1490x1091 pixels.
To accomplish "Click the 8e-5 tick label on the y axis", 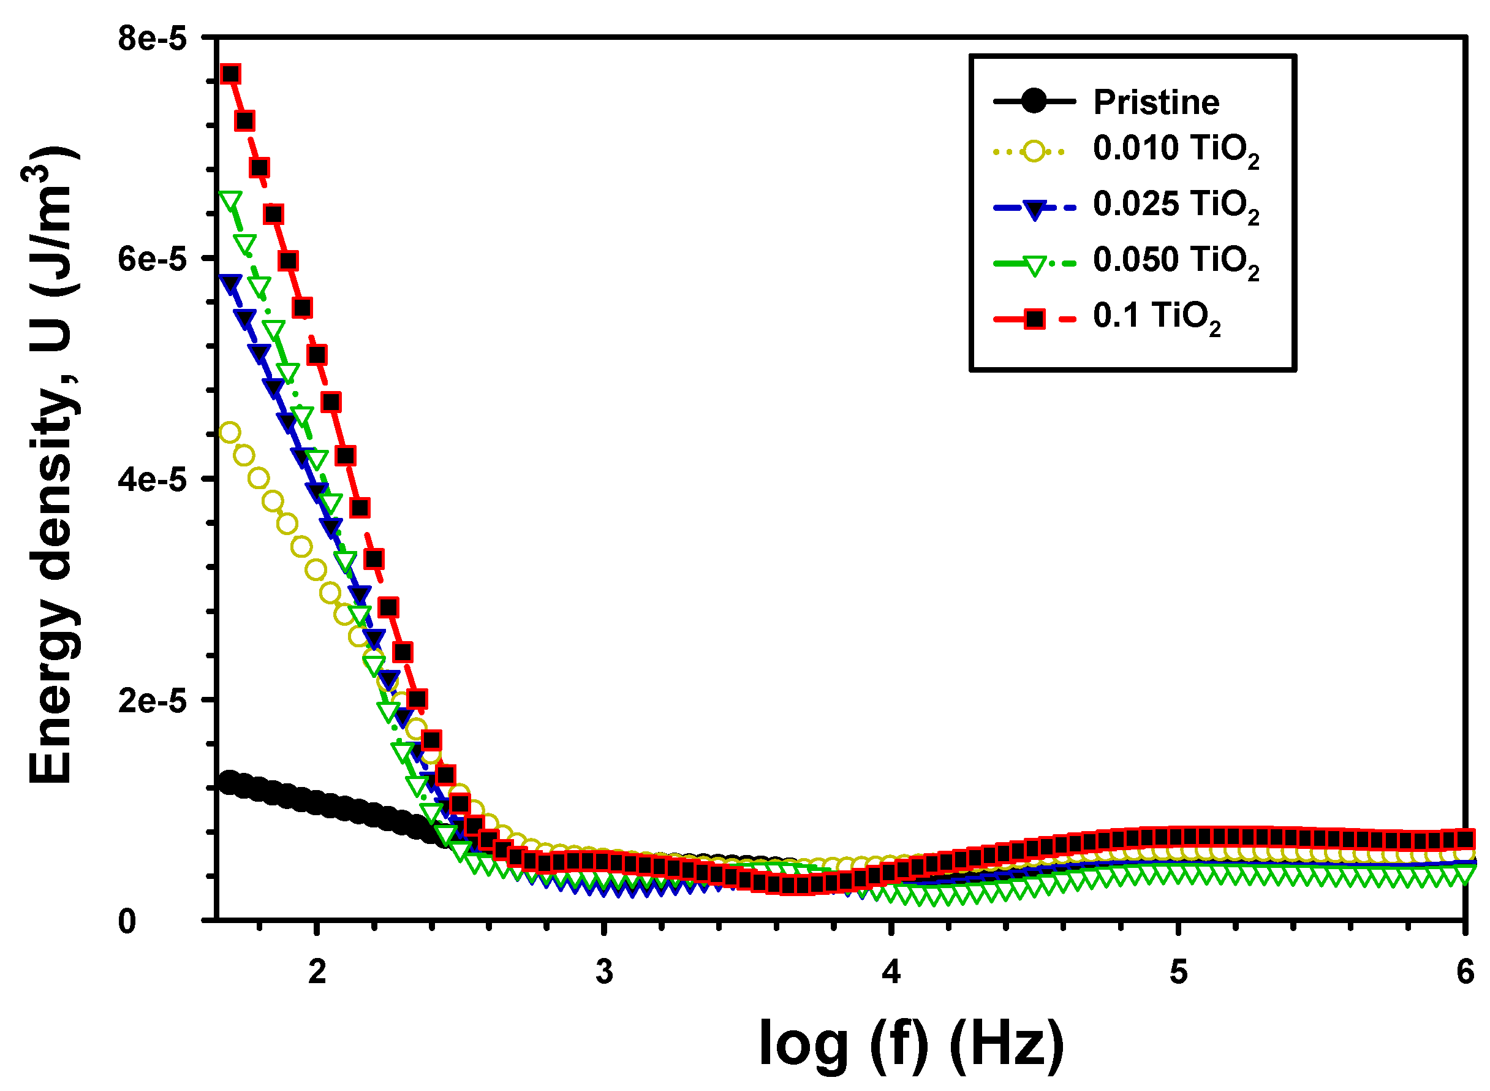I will pyautogui.click(x=153, y=40).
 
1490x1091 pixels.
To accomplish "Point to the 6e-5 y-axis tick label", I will pyautogui.click(x=153, y=259).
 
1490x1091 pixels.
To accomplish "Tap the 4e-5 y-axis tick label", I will pyautogui.click(x=153, y=480).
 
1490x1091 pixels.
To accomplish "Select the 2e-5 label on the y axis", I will pyautogui.click(x=153, y=701).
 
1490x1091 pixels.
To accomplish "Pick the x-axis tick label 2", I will pyautogui.click(x=317, y=972).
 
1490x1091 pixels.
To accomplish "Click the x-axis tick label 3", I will pyautogui.click(x=605, y=972).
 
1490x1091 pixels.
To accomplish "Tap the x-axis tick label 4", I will pyautogui.click(x=891, y=972).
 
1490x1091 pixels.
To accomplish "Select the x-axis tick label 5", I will pyautogui.click(x=1178, y=972).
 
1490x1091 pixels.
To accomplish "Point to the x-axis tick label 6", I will pyautogui.click(x=1465, y=972).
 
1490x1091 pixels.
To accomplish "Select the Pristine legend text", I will pyautogui.click(x=1156, y=102).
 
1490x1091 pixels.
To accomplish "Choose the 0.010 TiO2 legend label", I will pyautogui.click(x=1175, y=148).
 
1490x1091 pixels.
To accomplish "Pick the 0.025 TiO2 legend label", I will pyautogui.click(x=1175, y=205).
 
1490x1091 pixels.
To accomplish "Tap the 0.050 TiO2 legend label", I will pyautogui.click(x=1175, y=260).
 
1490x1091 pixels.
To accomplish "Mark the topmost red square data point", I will pyautogui.click(x=230, y=74).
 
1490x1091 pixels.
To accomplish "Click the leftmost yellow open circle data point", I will pyautogui.click(x=229, y=433).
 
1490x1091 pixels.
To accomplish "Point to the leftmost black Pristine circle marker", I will pyautogui.click(x=229, y=781).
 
